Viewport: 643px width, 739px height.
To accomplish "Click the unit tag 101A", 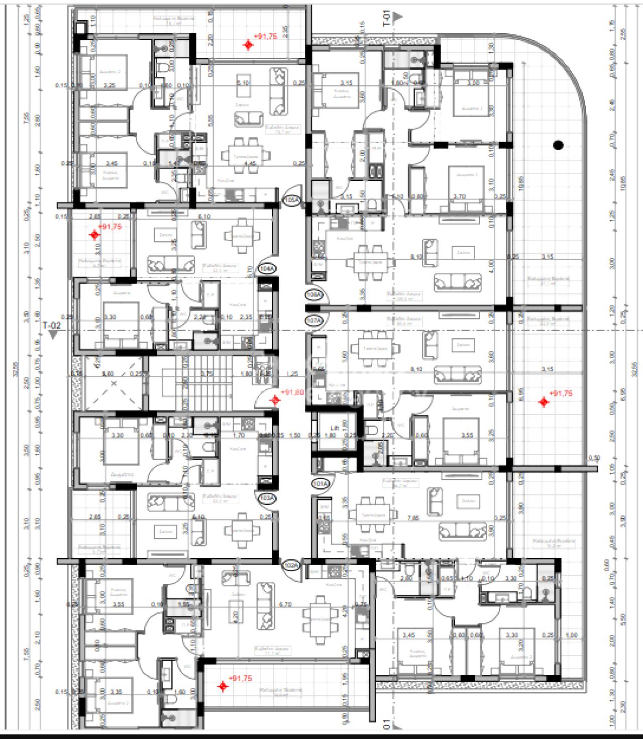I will tap(320, 484).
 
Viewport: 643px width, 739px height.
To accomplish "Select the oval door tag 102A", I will tap(291, 565).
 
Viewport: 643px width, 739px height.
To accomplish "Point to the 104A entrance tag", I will tap(267, 269).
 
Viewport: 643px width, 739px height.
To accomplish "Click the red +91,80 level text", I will tap(293, 392).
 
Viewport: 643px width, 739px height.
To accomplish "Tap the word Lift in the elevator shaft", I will tap(333, 428).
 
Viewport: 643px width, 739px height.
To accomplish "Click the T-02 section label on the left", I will tap(52, 326).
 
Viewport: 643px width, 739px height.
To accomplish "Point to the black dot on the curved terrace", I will tap(558, 146).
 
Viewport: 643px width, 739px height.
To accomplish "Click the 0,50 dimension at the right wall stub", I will tap(594, 458).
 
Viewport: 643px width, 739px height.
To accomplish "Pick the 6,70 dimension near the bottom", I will tap(285, 604).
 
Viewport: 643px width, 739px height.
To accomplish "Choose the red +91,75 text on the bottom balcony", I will tap(240, 678).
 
